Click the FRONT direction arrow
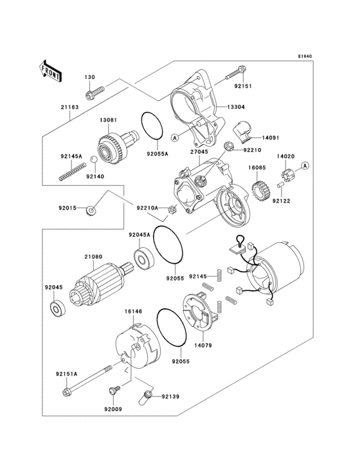pos(51,71)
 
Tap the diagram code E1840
pos(304,56)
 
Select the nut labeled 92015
pos(93,210)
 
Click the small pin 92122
pos(280,187)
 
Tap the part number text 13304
pos(235,107)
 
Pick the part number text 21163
pos(69,107)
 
